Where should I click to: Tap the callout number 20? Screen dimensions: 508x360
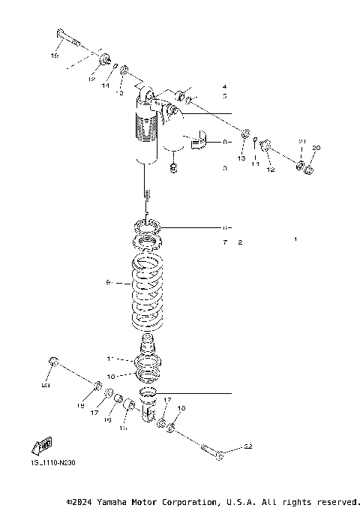[316, 148]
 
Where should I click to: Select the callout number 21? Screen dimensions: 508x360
[302, 142]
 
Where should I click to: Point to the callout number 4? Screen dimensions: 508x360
[224, 87]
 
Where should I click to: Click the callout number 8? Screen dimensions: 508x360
[224, 141]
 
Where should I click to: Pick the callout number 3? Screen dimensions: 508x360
[224, 169]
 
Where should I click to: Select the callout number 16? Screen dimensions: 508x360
[107, 420]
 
